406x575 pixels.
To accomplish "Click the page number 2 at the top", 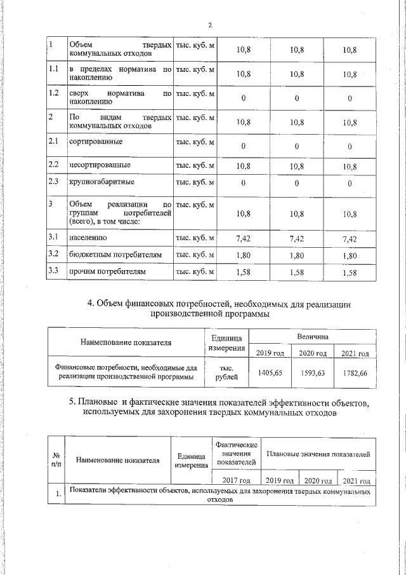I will [x=209, y=25].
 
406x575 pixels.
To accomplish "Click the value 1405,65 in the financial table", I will [x=270, y=373].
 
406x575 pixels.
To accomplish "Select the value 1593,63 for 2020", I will [x=312, y=373].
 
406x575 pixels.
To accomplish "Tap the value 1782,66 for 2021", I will [x=354, y=373].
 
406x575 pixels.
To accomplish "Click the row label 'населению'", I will [x=88, y=238].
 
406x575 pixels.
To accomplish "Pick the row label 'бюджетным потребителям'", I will [x=111, y=255].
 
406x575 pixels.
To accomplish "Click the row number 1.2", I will [x=54, y=93].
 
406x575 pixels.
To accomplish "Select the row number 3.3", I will [x=54, y=271].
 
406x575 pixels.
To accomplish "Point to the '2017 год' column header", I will [x=237, y=481].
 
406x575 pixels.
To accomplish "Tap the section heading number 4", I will [x=91, y=304].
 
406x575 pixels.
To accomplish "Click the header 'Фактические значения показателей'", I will [x=237, y=452].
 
